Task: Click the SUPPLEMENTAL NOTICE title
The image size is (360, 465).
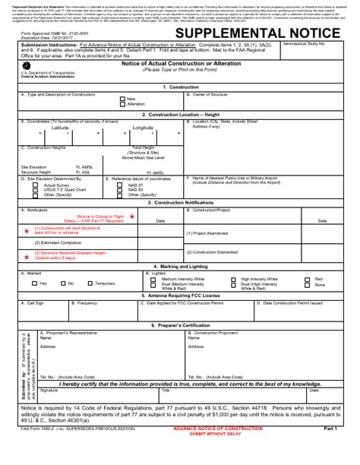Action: click(257, 33)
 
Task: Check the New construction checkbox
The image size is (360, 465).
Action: click(122, 99)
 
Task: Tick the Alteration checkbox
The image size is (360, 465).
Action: click(122, 104)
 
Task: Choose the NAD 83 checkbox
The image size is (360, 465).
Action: click(122, 190)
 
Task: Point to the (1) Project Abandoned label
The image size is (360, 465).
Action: click(210, 233)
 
